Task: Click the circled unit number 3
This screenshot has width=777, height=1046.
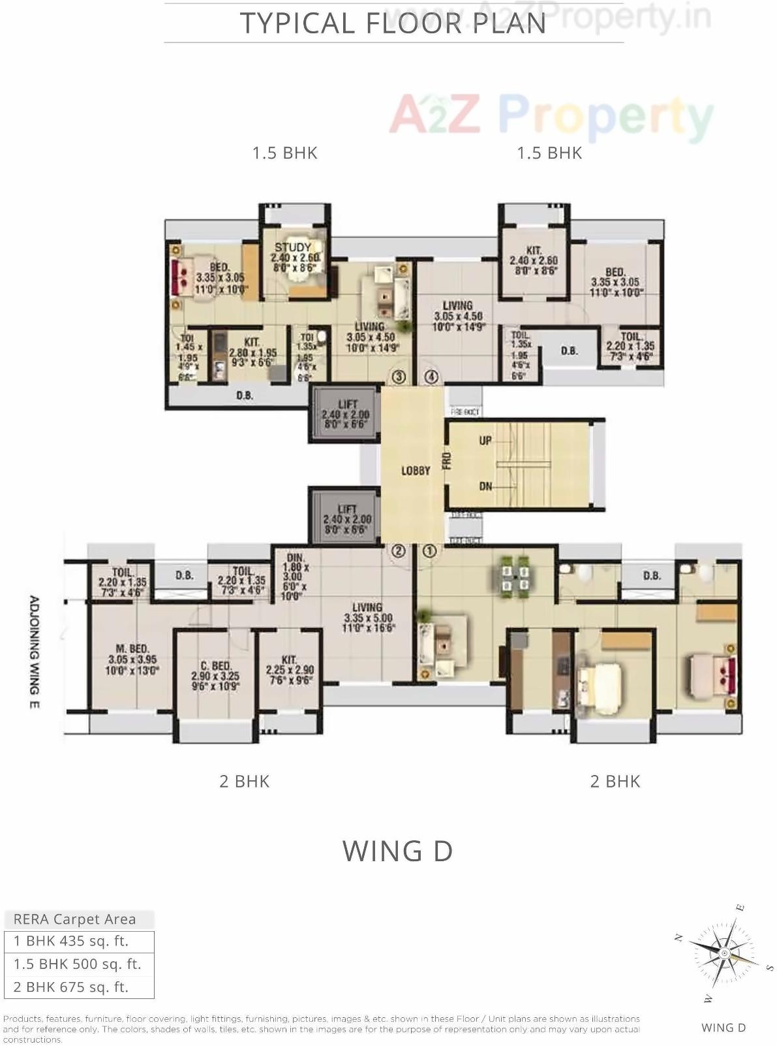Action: tap(399, 377)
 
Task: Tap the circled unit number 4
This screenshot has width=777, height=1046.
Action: tap(431, 377)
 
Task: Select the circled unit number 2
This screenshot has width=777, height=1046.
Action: tap(397, 551)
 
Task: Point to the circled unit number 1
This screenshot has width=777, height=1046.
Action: tap(429, 551)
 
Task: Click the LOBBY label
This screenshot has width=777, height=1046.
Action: tap(416, 470)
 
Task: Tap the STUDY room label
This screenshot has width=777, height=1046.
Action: tap(293, 247)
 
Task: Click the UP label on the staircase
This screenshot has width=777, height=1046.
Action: tap(485, 441)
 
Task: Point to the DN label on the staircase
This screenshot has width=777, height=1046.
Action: tap(485, 486)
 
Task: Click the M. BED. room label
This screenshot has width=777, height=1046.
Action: tap(132, 648)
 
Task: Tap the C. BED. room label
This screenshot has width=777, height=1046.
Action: tap(215, 666)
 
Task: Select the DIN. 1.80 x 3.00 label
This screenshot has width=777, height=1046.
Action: tap(296, 567)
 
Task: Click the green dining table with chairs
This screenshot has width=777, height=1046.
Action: tap(515, 574)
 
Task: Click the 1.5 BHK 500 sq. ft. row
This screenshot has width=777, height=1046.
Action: tap(78, 964)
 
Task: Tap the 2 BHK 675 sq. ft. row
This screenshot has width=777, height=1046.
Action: tap(78, 987)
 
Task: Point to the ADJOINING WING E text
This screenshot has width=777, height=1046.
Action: tap(35, 652)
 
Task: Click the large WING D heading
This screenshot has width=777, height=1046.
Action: tap(397, 851)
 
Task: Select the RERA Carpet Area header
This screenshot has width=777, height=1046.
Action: tap(76, 919)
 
